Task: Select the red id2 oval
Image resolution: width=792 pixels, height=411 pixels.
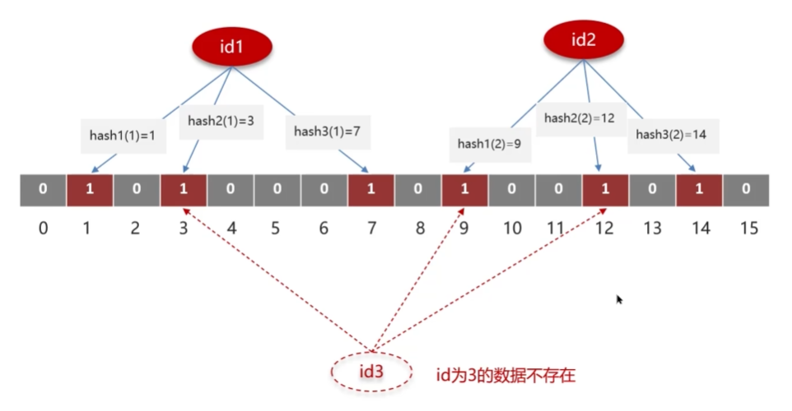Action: [584, 39]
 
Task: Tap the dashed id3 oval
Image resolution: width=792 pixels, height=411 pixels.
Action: [370, 372]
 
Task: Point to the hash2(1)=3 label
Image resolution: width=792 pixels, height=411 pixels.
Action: [221, 121]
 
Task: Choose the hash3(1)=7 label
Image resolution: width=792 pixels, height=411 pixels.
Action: [327, 132]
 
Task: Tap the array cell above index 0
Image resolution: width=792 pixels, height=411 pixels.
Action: [43, 190]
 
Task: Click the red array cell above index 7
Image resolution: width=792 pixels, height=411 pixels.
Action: [370, 190]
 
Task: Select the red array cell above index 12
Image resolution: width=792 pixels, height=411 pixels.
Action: [605, 190]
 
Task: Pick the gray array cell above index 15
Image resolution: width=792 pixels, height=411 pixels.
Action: [746, 190]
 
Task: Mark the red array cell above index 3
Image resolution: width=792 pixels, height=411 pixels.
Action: [184, 190]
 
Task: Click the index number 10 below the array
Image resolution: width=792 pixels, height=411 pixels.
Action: [512, 228]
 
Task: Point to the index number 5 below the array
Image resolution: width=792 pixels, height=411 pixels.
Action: [277, 228]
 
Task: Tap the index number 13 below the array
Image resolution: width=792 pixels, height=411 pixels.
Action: [652, 228]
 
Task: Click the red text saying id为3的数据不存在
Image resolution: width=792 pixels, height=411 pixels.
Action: [505, 376]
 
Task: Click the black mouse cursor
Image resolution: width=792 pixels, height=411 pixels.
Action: [619, 300]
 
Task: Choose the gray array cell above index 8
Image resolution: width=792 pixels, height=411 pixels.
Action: [417, 190]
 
